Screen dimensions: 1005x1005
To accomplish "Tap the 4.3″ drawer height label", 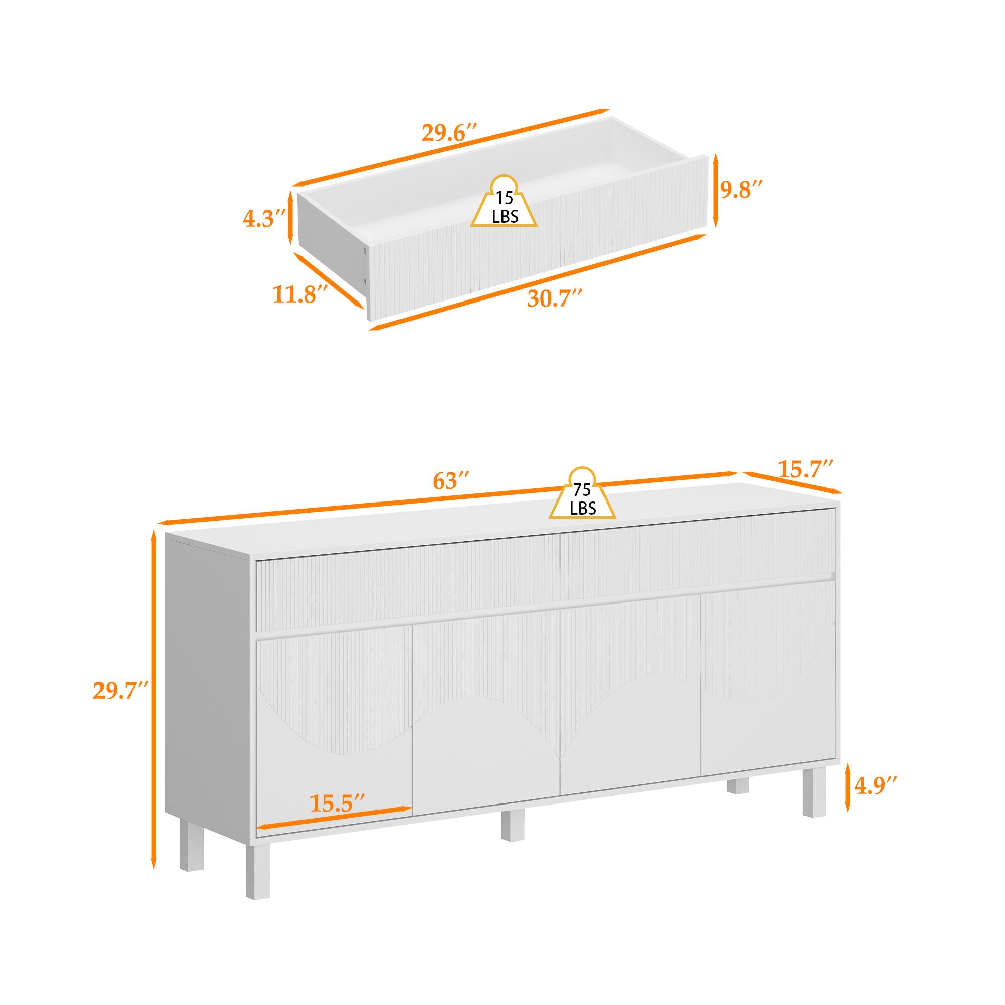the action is point(265,219).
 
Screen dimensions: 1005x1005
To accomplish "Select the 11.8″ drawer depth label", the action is point(299,295).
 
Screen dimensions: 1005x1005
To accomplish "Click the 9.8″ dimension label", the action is point(742,190).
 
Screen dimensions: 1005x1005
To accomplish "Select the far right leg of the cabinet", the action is point(815,798).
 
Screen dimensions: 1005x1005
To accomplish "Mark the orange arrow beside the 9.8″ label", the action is point(715,190).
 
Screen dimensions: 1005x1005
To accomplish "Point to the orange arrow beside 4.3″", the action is point(290,219).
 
